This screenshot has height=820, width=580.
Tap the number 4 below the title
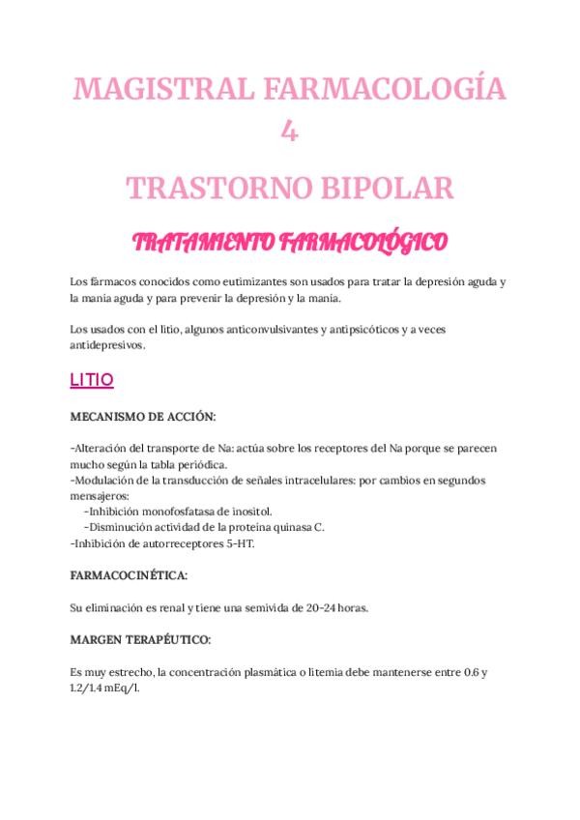289,131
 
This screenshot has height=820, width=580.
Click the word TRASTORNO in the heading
213,187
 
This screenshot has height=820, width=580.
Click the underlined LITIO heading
92,381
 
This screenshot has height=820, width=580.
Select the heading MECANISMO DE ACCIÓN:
143,416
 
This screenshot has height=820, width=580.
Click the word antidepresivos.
106,345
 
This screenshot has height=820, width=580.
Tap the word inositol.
249,511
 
